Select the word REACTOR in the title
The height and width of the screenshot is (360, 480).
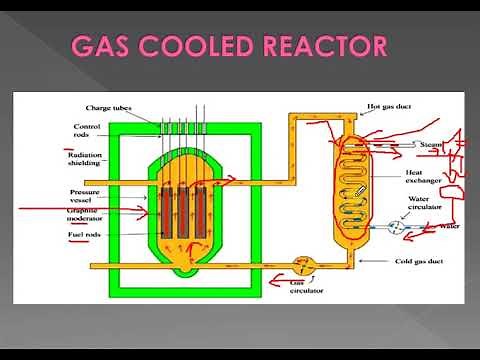point(331,47)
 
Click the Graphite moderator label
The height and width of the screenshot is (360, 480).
point(84,215)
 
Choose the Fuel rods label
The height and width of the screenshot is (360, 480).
point(84,235)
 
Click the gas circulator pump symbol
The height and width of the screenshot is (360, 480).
point(300,266)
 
